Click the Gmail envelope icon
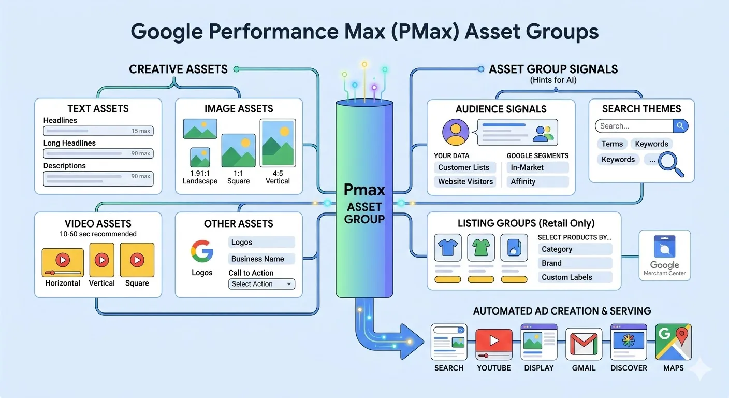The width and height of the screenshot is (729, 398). point(584,344)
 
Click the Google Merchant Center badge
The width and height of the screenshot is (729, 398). point(664,255)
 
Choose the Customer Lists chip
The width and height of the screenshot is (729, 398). point(464,167)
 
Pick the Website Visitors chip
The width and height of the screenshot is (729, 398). point(465,181)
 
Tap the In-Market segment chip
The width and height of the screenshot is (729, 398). point(537,167)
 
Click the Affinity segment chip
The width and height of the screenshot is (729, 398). point(537,181)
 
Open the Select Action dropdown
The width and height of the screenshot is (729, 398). point(261,284)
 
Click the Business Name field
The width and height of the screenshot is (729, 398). point(261,259)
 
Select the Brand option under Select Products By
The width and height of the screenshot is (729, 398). point(575,263)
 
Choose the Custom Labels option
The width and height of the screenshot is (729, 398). point(575,277)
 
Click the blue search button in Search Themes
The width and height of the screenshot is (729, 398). point(680,126)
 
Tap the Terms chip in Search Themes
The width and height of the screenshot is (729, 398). point(612,144)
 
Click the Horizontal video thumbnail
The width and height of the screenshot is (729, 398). point(63,261)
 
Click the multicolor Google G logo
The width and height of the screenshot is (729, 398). point(202,251)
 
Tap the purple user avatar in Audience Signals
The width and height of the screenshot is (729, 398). point(456,132)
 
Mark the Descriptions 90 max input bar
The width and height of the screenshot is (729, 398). point(98,178)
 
